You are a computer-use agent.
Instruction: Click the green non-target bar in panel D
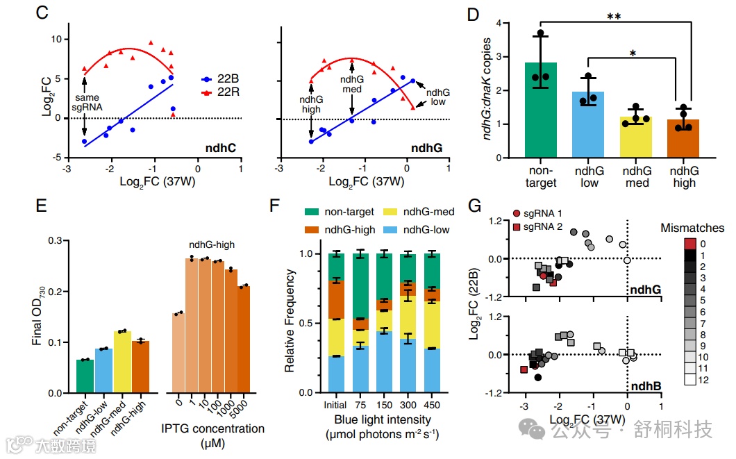(x=541, y=111)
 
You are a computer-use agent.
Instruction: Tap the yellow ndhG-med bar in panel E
(x=122, y=362)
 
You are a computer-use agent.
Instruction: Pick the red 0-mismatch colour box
(x=689, y=244)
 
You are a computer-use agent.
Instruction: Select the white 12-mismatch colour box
(x=689, y=380)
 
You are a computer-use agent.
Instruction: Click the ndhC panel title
(x=219, y=147)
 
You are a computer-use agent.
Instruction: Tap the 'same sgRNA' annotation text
(x=85, y=102)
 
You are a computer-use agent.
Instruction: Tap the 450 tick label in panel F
(x=431, y=405)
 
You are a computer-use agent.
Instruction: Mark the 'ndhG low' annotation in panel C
(x=437, y=97)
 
